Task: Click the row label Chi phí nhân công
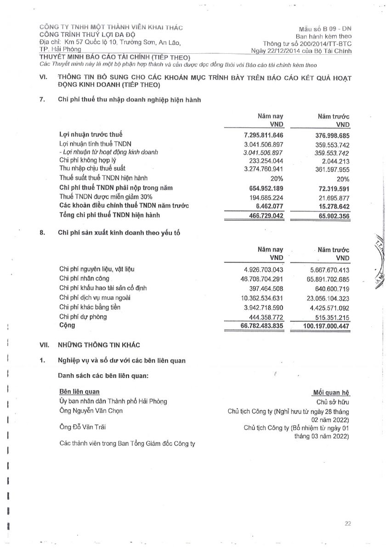pyautogui.click(x=85, y=278)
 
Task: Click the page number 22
pyautogui.click(x=348, y=523)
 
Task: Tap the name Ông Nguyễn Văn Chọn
pyautogui.click(x=91, y=410)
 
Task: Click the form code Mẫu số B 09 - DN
pyautogui.click(x=324, y=28)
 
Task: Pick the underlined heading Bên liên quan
pyautogui.click(x=79, y=392)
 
